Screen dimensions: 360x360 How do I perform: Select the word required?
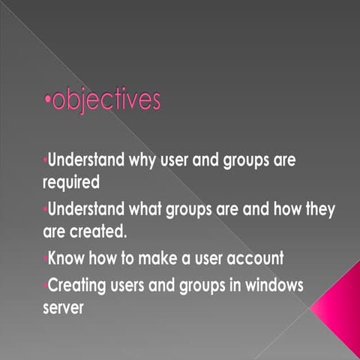pyautogui.click(x=70, y=181)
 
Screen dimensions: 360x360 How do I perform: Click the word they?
pyautogui.click(x=318, y=210)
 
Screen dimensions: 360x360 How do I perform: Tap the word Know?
pyautogui.click(x=65, y=259)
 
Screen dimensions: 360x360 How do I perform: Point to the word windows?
pyautogui.click(x=275, y=287)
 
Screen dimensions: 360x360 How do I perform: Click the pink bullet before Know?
pyautogui.click(x=44, y=258)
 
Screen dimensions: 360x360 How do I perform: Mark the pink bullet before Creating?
pyautogui.click(x=44, y=286)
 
